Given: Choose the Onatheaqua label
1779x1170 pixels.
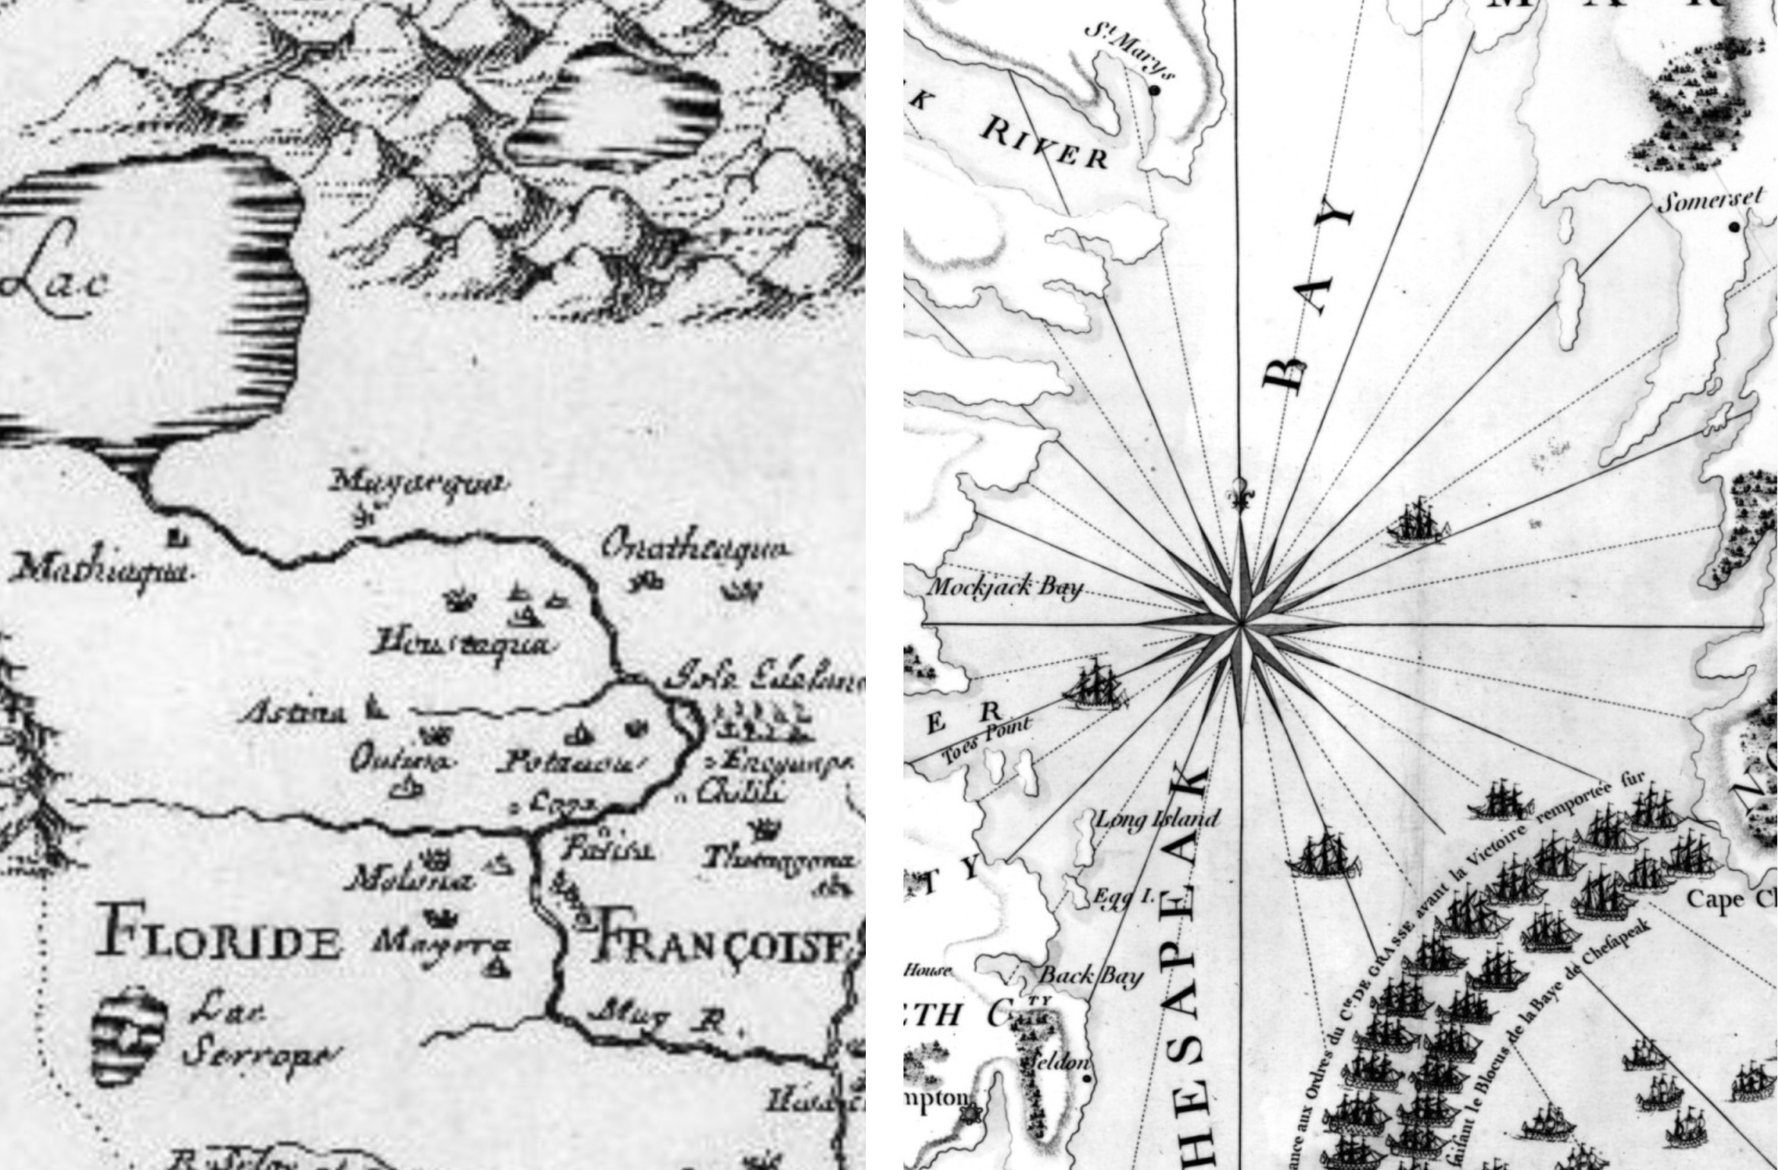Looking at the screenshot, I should point(694,549).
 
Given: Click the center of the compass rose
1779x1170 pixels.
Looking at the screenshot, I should point(1242,622).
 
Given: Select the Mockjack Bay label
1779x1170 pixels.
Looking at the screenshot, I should point(1004,586).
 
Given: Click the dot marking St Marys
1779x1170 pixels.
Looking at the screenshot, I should point(1154,90).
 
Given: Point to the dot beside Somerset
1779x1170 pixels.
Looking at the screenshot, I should point(1734,226).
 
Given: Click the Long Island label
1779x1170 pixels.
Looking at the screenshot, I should point(1156,820).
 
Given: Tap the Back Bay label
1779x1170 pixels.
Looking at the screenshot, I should point(1091,975).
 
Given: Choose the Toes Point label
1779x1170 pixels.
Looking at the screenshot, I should point(987,740).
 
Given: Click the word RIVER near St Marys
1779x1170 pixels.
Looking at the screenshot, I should point(1044,143).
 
